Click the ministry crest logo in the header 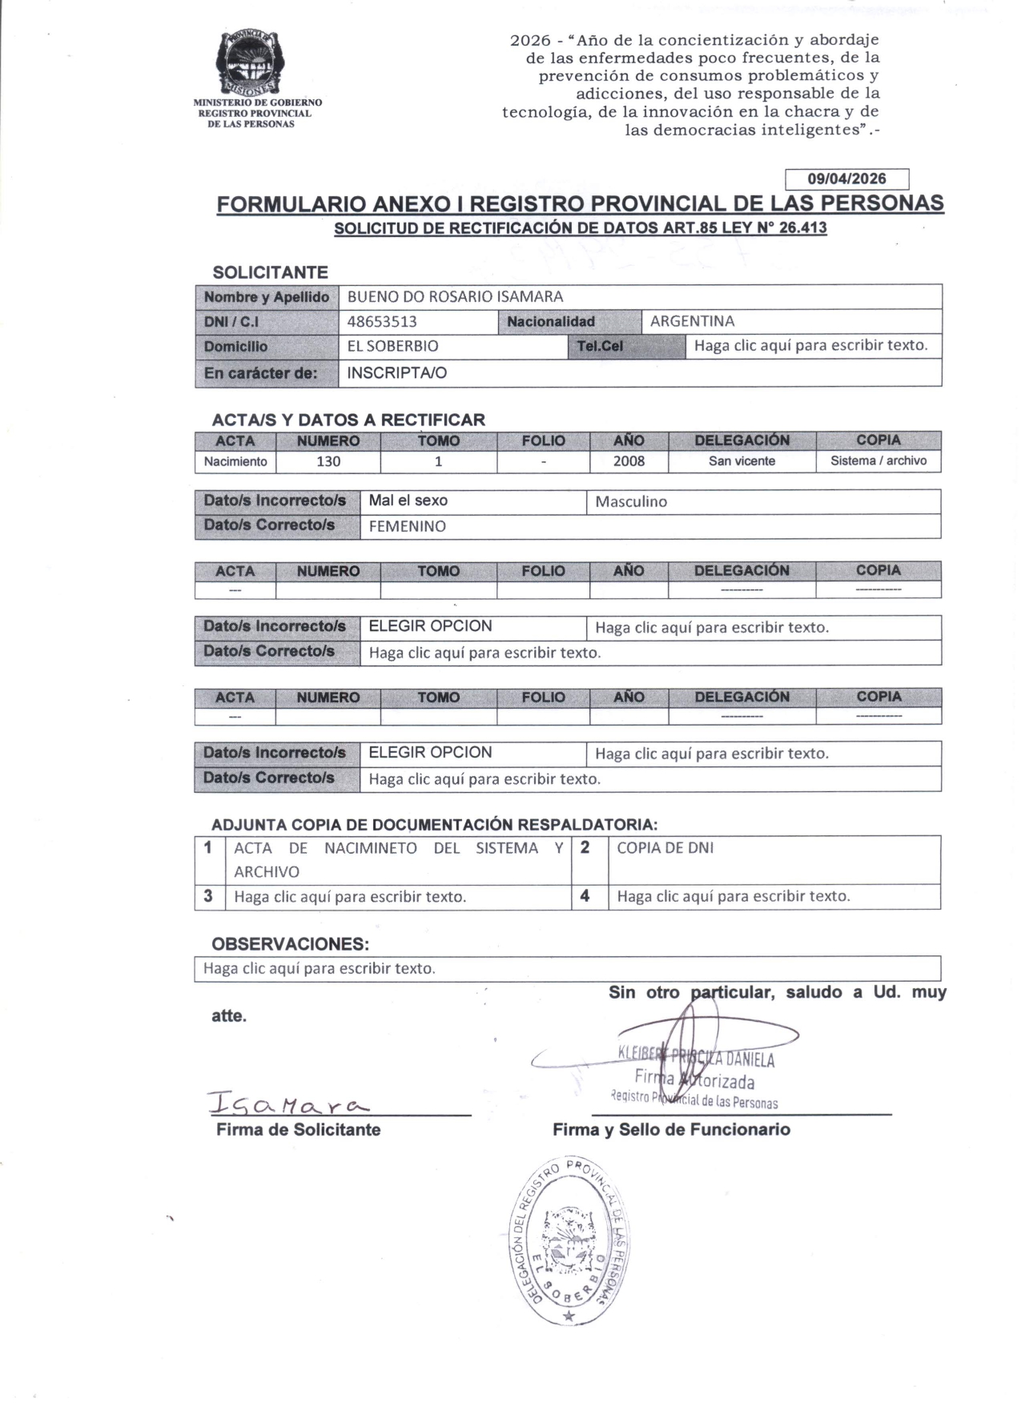click(248, 63)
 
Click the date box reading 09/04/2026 click(846, 179)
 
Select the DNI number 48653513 click(382, 322)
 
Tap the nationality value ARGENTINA click(692, 321)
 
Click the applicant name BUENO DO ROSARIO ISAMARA click(455, 296)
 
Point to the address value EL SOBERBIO click(392, 347)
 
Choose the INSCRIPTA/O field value click(396, 372)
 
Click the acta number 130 click(328, 461)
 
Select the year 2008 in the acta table click(629, 461)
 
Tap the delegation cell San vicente click(742, 461)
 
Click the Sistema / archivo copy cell click(878, 461)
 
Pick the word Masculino click(631, 502)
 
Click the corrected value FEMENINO click(407, 526)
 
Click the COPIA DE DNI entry click(665, 848)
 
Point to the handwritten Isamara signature click(288, 1103)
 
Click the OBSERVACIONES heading click(290, 944)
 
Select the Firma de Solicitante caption click(298, 1130)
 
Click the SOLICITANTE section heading click(270, 272)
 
